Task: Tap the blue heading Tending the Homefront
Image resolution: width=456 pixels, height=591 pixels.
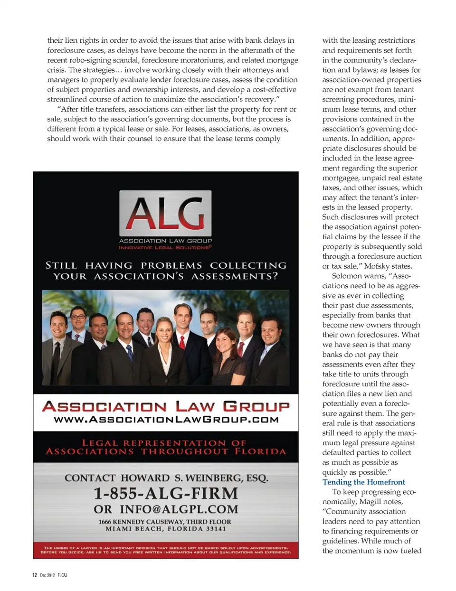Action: (363, 482)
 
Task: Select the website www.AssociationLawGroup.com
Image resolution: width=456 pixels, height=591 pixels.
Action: (166, 420)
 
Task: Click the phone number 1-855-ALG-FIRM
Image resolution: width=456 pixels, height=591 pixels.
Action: (166, 494)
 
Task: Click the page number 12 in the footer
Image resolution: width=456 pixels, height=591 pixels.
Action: (35, 575)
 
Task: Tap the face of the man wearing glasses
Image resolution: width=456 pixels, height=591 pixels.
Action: (78, 319)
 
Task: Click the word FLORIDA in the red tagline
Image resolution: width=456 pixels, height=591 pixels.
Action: (260, 451)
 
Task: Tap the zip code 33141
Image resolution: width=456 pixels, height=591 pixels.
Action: (216, 529)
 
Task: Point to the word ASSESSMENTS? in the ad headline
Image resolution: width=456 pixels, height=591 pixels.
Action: (235, 276)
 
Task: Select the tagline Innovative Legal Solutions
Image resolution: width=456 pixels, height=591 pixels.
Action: (165, 247)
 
